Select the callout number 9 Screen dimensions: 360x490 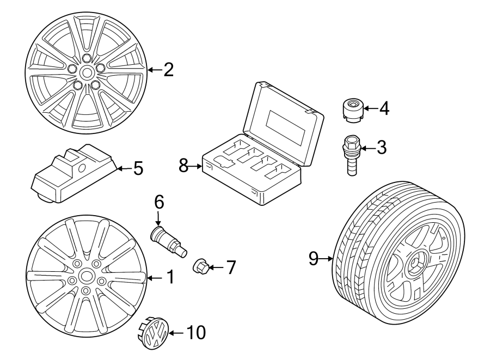313,259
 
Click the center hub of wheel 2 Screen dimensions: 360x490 87,72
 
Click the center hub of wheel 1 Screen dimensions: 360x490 86,277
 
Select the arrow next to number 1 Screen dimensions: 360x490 154,278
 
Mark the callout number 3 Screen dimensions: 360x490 381,147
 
